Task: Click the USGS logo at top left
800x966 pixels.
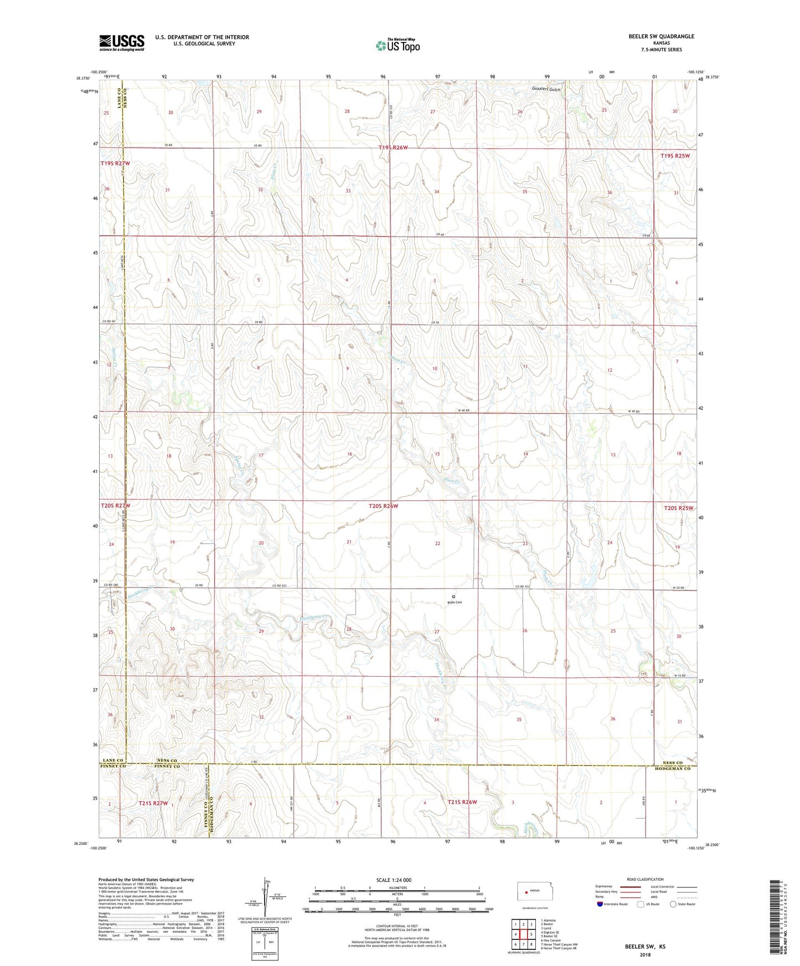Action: pyautogui.click(x=122, y=42)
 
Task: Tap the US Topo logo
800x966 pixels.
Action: pyautogui.click(x=398, y=45)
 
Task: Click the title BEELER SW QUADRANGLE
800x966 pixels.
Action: pyautogui.click(x=661, y=37)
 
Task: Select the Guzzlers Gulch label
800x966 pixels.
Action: pyautogui.click(x=546, y=89)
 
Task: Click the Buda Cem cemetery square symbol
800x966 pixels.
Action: pyautogui.click(x=453, y=596)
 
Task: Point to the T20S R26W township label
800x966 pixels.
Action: pyautogui.click(x=383, y=506)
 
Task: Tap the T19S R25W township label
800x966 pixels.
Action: pyautogui.click(x=675, y=156)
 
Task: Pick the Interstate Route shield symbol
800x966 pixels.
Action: pyautogui.click(x=600, y=905)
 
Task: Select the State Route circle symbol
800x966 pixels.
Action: pyautogui.click(x=673, y=905)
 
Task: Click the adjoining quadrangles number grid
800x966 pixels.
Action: pyautogui.click(x=523, y=936)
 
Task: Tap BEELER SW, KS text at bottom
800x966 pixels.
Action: pyautogui.click(x=645, y=947)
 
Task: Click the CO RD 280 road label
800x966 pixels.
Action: pyautogui.click(x=110, y=585)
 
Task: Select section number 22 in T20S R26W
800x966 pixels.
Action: pyautogui.click(x=437, y=543)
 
